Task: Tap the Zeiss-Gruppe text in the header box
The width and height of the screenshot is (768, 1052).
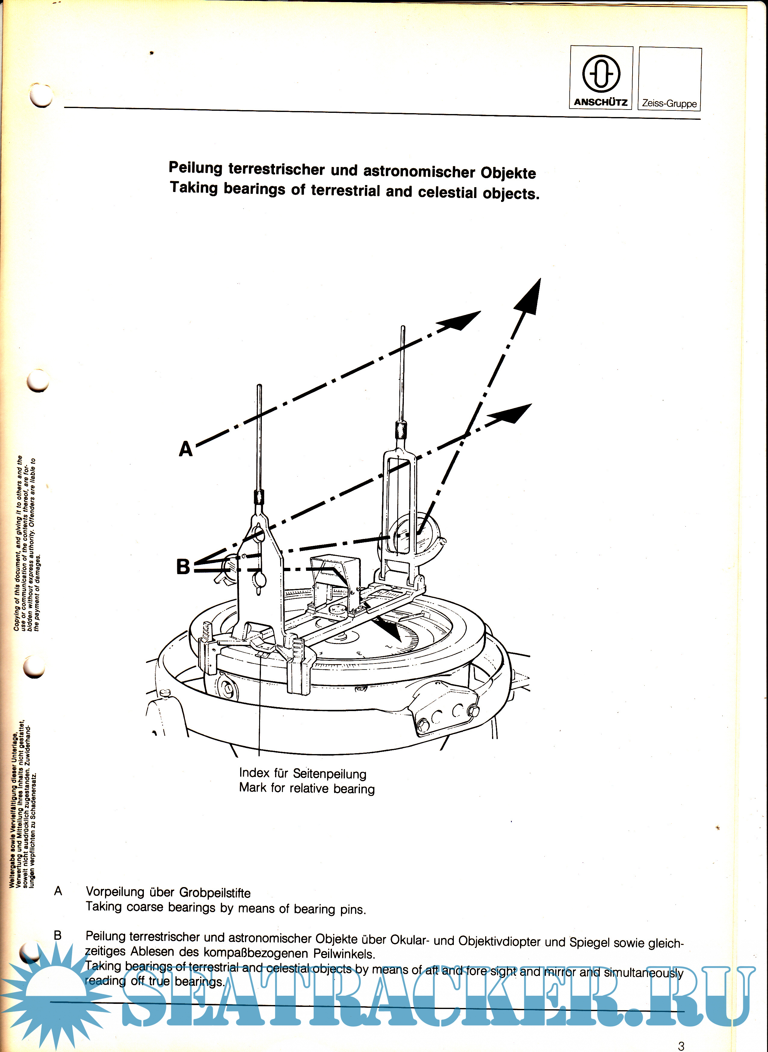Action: (x=669, y=103)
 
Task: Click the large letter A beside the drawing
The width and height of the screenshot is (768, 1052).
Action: (x=185, y=449)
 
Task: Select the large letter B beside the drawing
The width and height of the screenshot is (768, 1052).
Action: (x=183, y=567)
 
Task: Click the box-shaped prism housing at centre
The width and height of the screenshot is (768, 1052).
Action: (x=334, y=579)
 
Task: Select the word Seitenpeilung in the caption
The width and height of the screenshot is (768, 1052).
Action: (x=329, y=774)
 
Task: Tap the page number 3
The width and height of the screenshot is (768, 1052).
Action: (x=681, y=1045)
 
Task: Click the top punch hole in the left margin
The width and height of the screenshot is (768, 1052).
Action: (x=41, y=95)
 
